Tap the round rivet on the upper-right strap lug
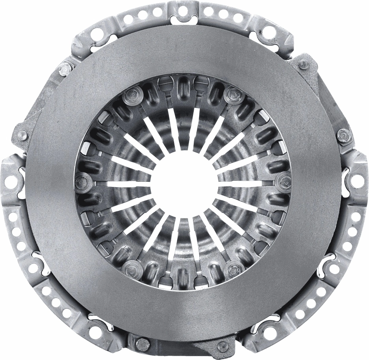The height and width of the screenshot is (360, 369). pos(303,64)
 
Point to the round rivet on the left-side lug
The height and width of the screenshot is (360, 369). pos(22,134)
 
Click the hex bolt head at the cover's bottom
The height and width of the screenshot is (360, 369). pos(142,343)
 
